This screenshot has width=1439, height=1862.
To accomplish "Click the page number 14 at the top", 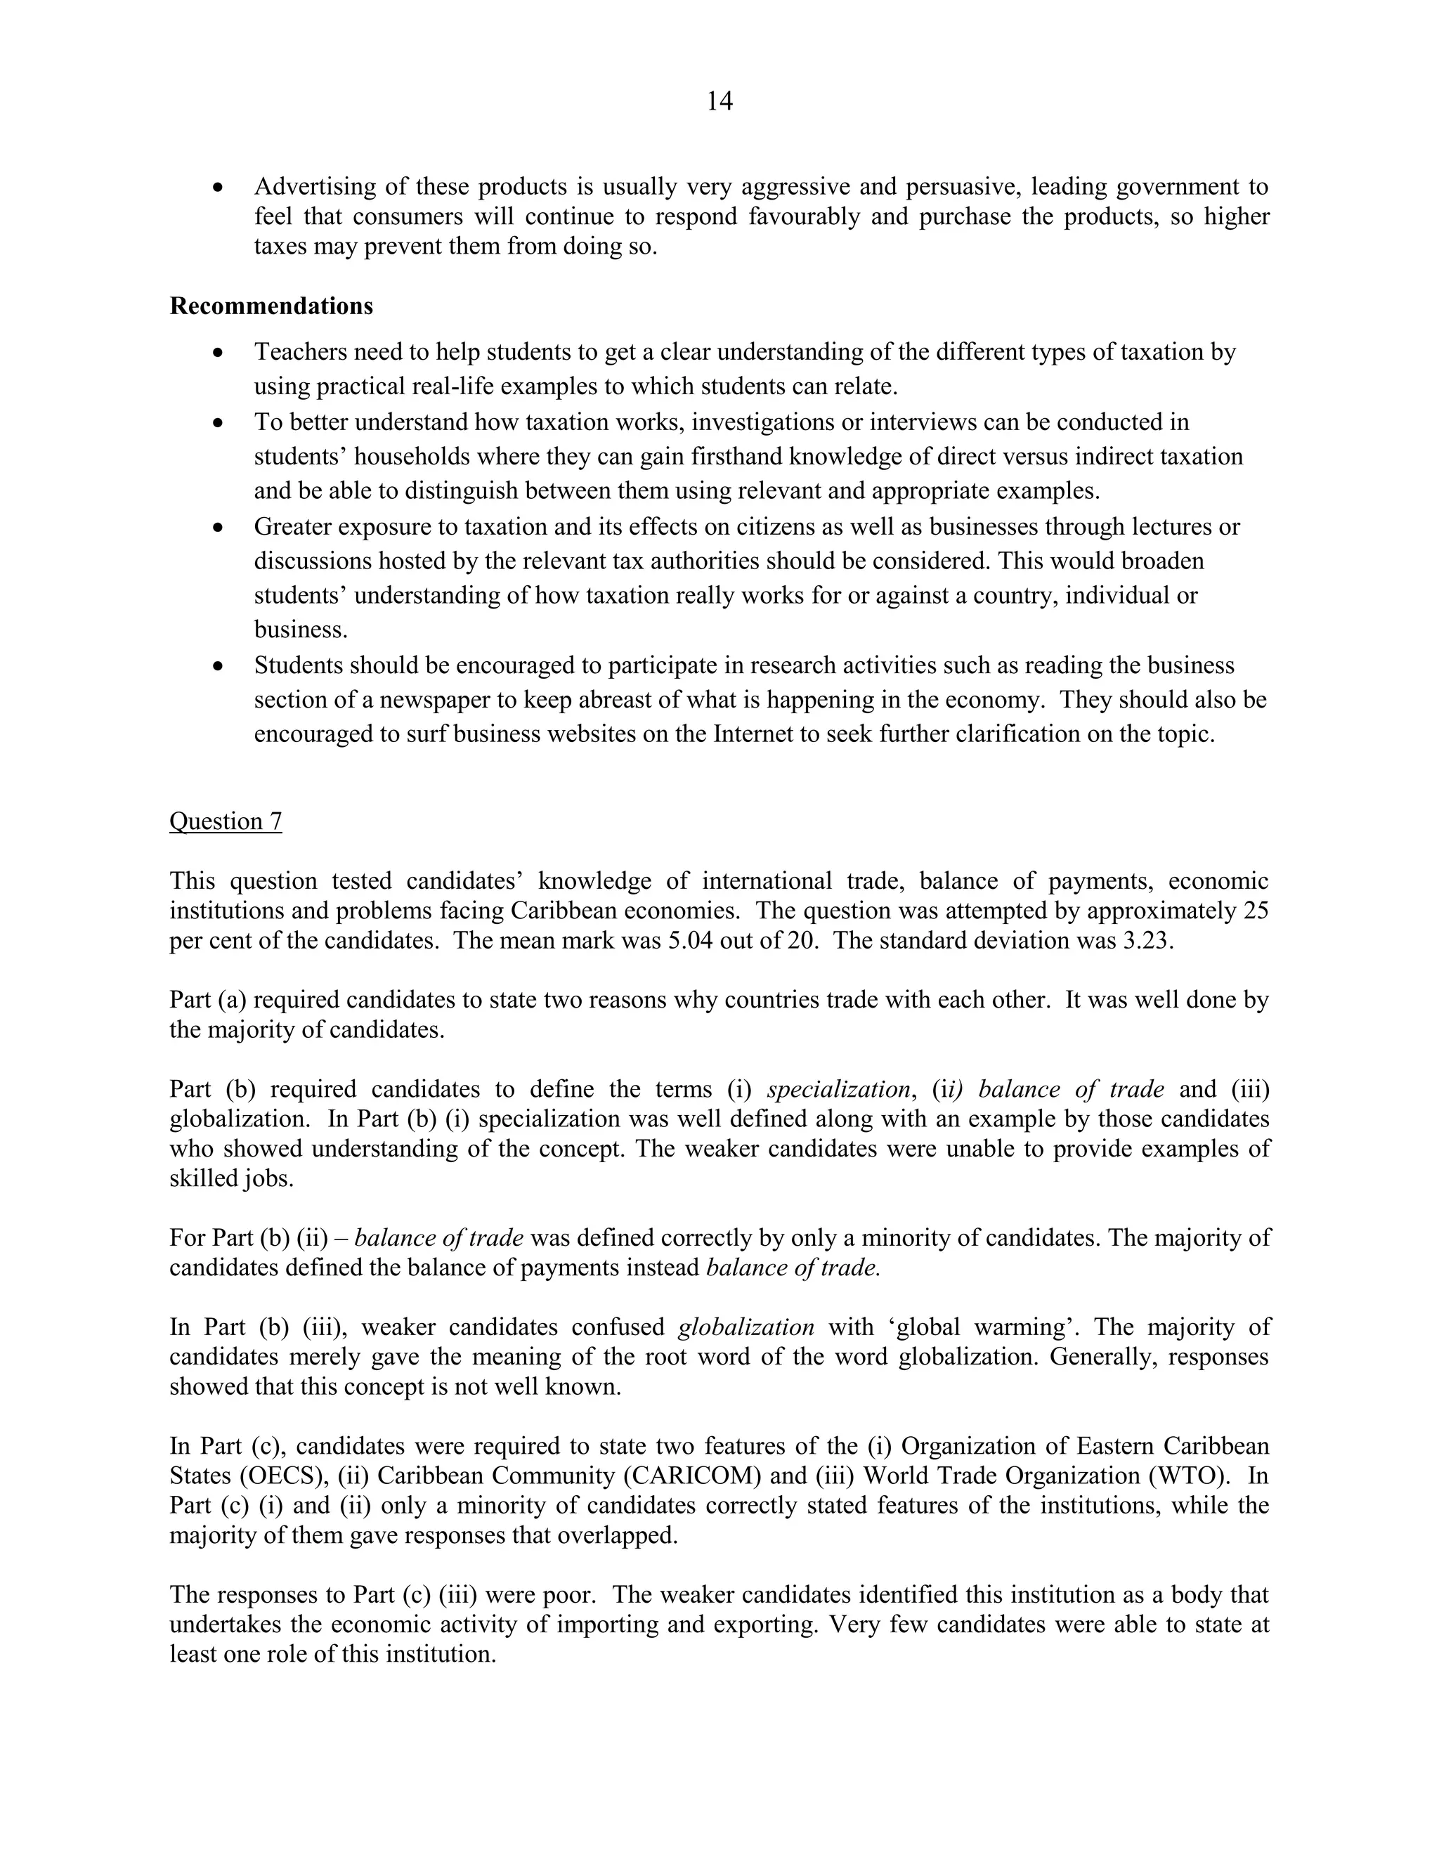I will click(719, 101).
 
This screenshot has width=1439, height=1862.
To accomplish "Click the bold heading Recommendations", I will click(271, 306).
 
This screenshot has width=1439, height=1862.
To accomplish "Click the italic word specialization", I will click(839, 1090).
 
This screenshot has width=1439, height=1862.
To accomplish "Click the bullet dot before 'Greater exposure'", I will click(219, 527).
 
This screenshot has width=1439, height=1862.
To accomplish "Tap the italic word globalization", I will click(746, 1327).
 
